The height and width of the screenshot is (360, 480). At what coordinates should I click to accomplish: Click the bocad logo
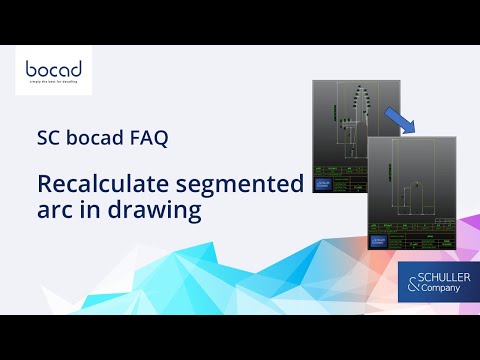click(x=54, y=72)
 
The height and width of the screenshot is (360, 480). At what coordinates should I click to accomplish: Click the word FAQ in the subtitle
click(x=147, y=138)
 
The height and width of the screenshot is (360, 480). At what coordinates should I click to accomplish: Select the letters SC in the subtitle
click(x=49, y=138)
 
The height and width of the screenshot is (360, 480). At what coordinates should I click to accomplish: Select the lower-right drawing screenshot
click(x=411, y=195)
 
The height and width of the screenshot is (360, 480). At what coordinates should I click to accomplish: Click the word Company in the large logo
click(x=440, y=290)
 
